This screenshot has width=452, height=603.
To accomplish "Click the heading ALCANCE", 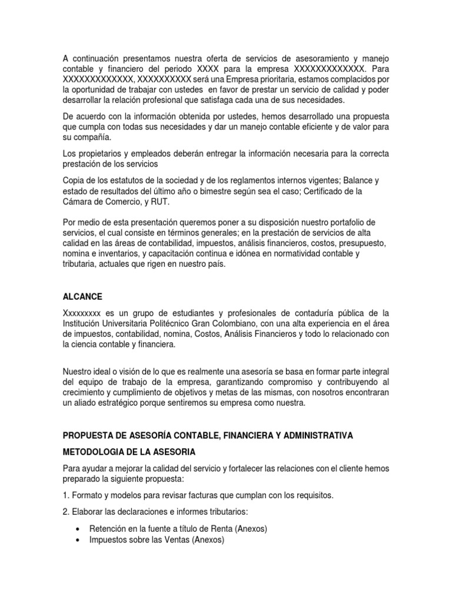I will [82, 297].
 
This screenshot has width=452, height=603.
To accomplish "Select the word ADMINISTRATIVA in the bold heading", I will [316, 435].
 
